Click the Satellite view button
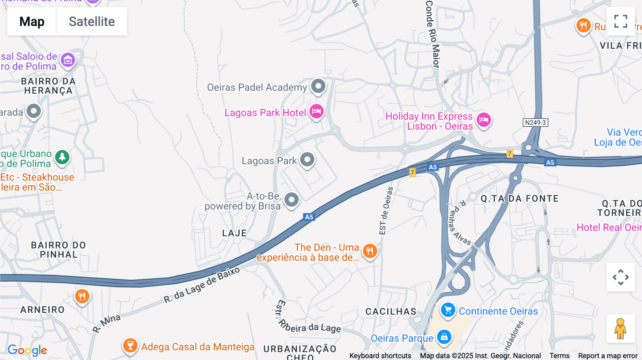click(92, 21)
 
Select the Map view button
click(32, 21)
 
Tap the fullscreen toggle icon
click(621, 21)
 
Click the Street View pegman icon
click(621, 328)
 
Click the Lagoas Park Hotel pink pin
click(316, 112)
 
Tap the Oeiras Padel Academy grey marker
click(318, 86)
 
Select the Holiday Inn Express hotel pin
click(484, 120)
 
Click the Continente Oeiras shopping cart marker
click(448, 310)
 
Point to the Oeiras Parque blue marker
click(444, 337)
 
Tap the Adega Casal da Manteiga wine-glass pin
click(130, 345)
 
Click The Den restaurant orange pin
click(370, 251)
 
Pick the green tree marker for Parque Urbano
click(62, 157)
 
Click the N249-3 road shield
click(535, 123)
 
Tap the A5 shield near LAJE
click(309, 217)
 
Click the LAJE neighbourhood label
click(234, 233)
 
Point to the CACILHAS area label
click(391, 312)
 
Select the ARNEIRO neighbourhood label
click(42, 310)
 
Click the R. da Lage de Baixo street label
click(202, 285)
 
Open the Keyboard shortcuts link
click(380, 356)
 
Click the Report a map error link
click(608, 356)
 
